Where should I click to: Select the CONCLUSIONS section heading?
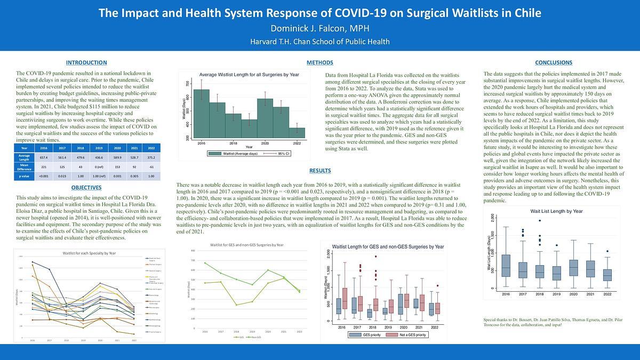tap(553, 63)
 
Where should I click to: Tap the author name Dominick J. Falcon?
tap(319, 28)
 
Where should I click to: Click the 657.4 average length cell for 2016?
tap(44, 157)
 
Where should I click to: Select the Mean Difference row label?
tap(23, 166)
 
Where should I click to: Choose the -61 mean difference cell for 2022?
tap(151, 166)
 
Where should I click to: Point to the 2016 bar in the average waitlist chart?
tap(201, 115)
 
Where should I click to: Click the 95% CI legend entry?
tap(278, 154)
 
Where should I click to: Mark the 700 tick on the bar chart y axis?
tap(187, 84)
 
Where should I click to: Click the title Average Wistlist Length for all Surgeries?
tap(249, 75)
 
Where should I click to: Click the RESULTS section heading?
tap(320, 171)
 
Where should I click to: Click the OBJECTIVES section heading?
tap(86, 188)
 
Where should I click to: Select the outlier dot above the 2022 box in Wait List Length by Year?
tap(607, 251)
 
